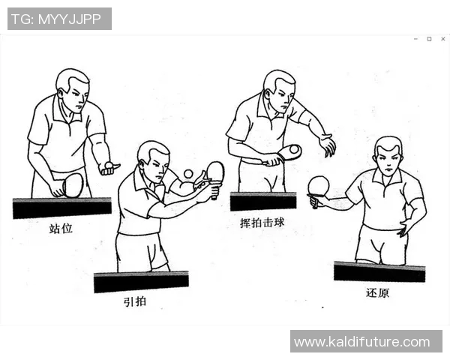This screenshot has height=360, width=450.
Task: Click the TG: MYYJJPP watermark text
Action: tap(59, 19)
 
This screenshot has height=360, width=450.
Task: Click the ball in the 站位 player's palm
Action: tap(109, 165)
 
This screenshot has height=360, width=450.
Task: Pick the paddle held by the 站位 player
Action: tap(73, 184)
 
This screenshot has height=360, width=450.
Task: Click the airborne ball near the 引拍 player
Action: tap(188, 174)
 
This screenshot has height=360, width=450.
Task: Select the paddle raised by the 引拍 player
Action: tap(215, 172)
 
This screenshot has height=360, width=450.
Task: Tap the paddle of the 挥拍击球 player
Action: tap(289, 152)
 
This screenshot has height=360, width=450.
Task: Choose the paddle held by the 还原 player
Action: tap(319, 186)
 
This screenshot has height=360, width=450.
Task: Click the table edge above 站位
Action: tap(61, 207)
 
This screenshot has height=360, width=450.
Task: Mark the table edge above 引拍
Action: tap(141, 281)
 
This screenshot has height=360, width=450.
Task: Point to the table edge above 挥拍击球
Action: tap(262, 201)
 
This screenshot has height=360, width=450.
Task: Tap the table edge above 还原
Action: tap(379, 271)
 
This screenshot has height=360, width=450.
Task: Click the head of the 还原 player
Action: tap(388, 155)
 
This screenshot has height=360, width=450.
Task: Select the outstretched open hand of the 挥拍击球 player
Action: tap(327, 145)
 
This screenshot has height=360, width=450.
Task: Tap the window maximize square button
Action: tap(429, 38)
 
